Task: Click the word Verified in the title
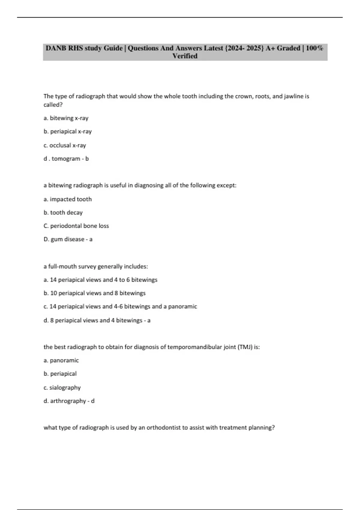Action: click(185, 56)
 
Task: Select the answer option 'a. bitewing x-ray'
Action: click(66, 118)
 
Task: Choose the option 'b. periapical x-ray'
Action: click(67, 131)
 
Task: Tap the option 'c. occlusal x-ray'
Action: click(65, 145)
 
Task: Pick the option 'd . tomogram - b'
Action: click(66, 159)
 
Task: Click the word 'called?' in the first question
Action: click(53, 105)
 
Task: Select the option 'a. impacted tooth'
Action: click(67, 199)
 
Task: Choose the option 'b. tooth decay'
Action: click(63, 212)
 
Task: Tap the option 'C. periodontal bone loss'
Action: click(76, 226)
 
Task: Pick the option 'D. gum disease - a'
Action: click(68, 239)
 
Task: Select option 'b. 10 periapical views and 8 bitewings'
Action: click(94, 293)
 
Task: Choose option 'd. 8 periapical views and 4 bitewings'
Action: click(97, 320)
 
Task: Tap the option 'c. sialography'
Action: click(62, 388)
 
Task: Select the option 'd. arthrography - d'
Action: click(69, 401)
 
